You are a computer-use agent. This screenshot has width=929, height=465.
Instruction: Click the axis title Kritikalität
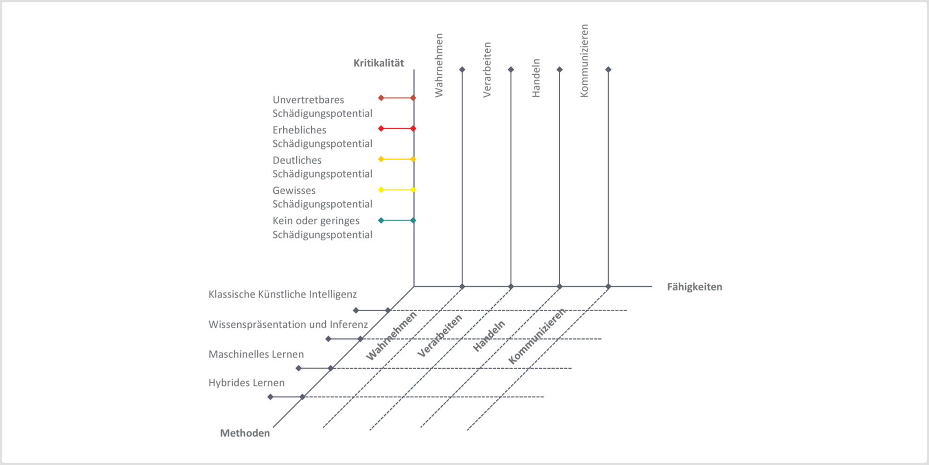(379, 63)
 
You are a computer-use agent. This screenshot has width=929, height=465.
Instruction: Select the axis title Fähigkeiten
(694, 287)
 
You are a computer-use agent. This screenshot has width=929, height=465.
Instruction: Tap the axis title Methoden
(245, 433)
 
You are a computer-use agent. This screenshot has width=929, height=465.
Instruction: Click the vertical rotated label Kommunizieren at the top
(584, 61)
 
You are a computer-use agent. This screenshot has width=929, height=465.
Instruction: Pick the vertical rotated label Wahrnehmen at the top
(439, 66)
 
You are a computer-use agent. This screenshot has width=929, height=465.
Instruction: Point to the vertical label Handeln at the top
(536, 78)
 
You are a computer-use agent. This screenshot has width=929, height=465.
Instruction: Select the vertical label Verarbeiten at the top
(487, 70)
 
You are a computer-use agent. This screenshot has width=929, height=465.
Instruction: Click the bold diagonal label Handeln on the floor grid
(489, 336)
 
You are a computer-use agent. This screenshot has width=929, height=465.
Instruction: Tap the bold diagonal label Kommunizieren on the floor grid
(537, 336)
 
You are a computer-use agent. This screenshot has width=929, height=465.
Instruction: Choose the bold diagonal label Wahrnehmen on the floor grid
(391, 336)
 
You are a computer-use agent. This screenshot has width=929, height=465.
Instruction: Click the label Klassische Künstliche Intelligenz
(282, 294)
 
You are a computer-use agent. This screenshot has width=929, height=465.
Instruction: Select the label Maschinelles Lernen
(256, 354)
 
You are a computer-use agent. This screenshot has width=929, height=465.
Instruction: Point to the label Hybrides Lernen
(246, 383)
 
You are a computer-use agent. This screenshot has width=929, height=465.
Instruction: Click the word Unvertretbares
(308, 100)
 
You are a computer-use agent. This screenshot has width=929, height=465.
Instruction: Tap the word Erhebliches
(299, 130)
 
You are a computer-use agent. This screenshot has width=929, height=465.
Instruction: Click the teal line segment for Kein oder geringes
(397, 220)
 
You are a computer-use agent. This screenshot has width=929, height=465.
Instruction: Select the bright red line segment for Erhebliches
(397, 128)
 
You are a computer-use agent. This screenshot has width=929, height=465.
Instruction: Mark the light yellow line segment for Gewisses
(397, 190)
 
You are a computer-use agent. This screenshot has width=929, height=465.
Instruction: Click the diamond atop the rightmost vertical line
(608, 70)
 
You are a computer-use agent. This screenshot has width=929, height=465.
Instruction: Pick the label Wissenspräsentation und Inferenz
(288, 325)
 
